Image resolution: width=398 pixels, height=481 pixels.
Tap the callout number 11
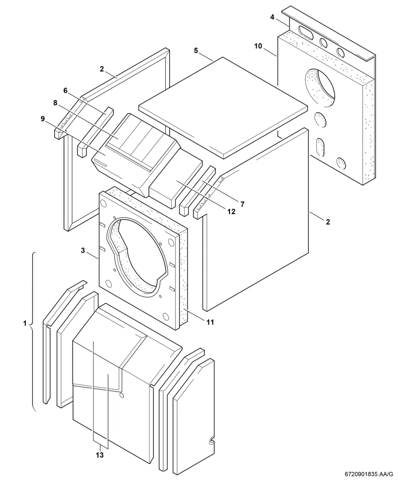coord(210,322)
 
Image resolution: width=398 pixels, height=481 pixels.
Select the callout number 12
coord(231,211)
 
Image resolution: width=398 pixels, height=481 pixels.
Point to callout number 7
coord(242,204)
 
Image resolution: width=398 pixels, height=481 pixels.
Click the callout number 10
coord(258,46)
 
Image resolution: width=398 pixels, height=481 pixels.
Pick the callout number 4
coord(272,17)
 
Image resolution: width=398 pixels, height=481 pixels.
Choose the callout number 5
coord(196,51)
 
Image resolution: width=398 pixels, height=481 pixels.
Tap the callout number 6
coord(65,91)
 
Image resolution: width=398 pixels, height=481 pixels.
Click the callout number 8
coord(55,103)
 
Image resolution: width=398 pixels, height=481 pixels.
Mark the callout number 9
coord(43,119)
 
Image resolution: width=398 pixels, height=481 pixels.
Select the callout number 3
coord(83,250)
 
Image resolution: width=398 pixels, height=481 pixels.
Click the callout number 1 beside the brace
coord(25,323)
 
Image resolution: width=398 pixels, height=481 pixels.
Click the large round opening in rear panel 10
coord(320,88)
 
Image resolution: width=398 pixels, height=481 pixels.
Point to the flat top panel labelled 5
coord(223,108)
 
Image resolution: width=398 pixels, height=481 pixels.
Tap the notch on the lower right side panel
coord(211,441)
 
